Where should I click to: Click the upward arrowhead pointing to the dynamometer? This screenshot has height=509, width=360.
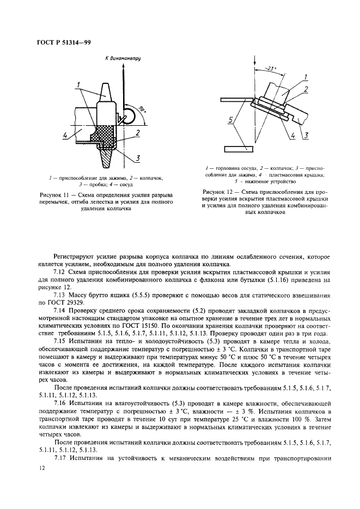[124, 68]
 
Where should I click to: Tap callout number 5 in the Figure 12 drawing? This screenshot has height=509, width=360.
[233, 120]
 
